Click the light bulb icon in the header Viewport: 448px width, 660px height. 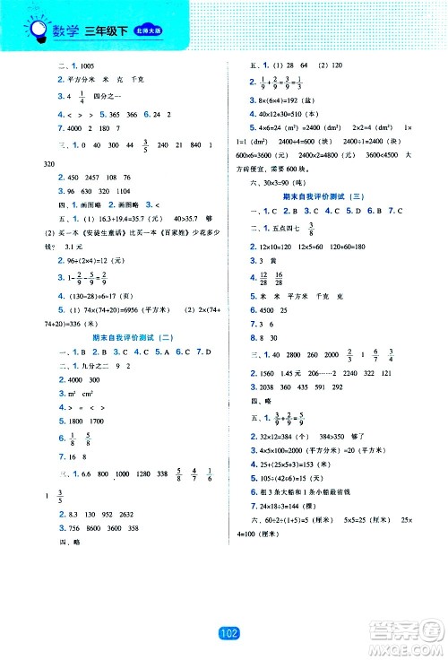[39, 33]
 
